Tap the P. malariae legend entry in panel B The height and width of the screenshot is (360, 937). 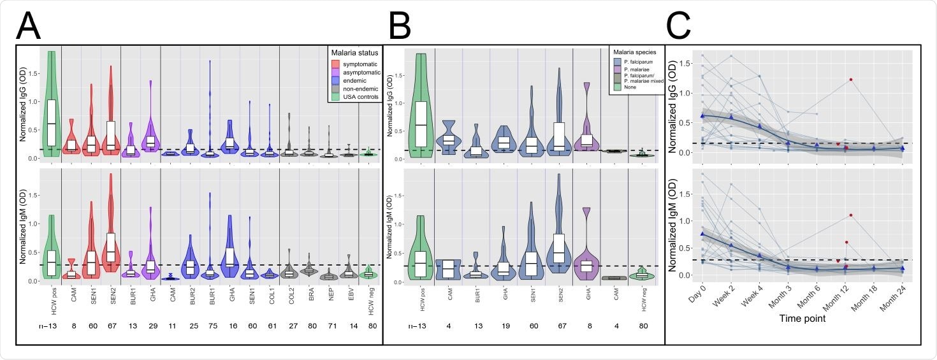click(634, 68)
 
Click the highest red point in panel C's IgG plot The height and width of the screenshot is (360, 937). click(850, 80)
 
